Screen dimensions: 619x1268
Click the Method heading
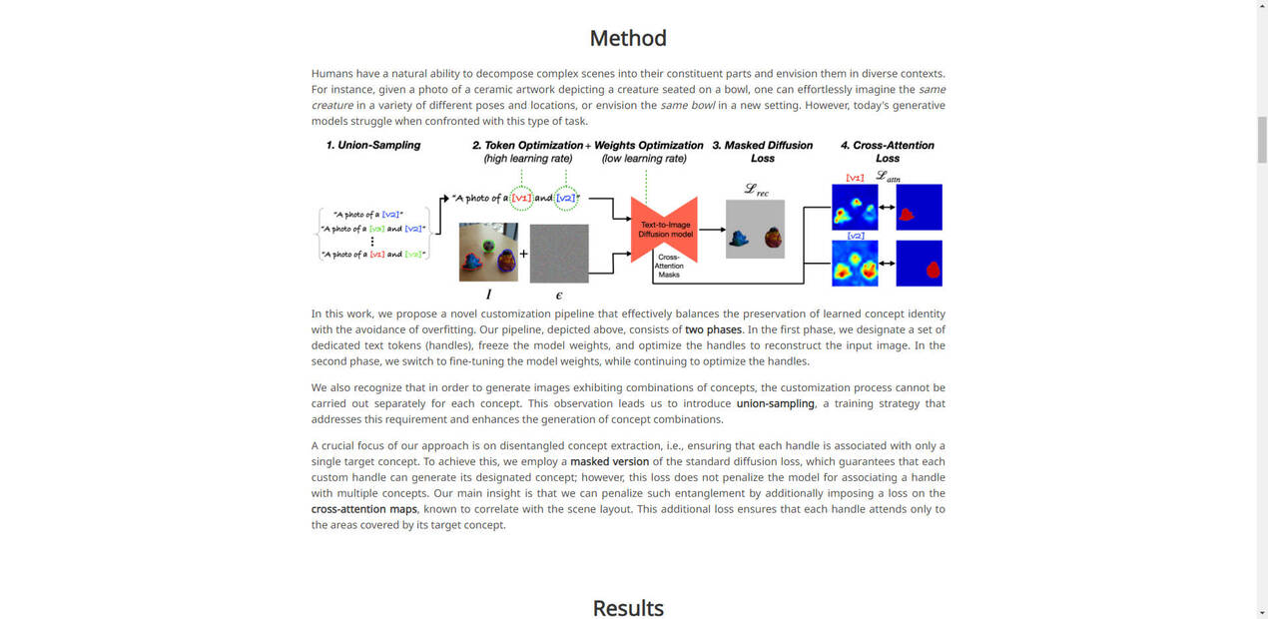pos(627,38)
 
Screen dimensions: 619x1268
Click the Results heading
pos(627,607)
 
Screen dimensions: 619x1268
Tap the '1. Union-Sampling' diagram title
pos(373,145)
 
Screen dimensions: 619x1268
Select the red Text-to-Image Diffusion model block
pos(664,231)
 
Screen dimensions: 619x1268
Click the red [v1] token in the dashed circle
pos(521,198)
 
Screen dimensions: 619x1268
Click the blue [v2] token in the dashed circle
pos(565,198)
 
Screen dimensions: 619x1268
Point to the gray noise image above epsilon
pos(559,253)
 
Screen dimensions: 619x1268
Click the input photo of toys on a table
pos(488,253)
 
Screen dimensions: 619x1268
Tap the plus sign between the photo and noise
pos(524,254)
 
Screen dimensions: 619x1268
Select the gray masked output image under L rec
pos(755,230)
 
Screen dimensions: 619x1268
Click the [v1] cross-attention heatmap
pos(855,208)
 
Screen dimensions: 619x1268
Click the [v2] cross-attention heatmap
pos(855,264)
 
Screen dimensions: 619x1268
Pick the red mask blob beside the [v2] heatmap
pos(933,269)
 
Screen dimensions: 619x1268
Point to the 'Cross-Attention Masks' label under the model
pos(669,266)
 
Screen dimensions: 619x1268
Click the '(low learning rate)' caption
pos(644,159)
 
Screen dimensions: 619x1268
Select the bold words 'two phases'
pos(713,329)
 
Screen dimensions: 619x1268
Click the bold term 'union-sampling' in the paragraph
pos(775,403)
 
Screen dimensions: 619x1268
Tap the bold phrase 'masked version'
pos(609,461)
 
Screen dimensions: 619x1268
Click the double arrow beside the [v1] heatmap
pos(887,208)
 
